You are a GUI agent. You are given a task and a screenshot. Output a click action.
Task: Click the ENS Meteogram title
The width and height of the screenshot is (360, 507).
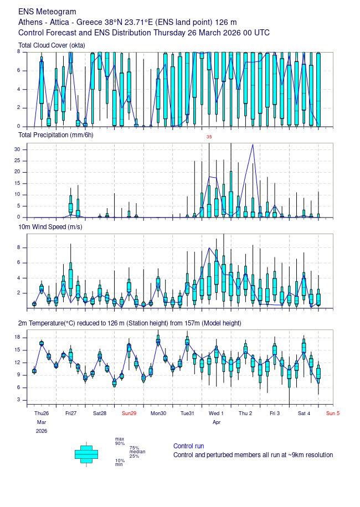47,12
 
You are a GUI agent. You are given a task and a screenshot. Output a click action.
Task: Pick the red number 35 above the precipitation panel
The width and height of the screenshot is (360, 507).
209,137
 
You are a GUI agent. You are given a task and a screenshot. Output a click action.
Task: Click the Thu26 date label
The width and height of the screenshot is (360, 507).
42,413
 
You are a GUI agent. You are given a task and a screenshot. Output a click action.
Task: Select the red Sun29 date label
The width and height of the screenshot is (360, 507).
129,413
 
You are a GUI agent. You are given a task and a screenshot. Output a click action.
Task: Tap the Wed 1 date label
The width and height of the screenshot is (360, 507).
216,413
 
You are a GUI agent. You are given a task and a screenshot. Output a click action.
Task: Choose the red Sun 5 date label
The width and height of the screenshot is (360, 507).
332,413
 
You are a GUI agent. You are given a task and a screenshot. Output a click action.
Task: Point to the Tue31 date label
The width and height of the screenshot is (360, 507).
187,413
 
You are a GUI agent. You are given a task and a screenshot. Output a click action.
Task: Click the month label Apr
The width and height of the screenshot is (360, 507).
217,422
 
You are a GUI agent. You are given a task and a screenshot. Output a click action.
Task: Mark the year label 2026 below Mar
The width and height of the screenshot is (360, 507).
42,431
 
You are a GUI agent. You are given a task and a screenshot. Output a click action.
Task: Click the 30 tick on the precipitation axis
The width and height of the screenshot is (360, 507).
17,149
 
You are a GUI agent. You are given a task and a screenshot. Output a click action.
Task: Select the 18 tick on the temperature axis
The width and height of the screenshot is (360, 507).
17,337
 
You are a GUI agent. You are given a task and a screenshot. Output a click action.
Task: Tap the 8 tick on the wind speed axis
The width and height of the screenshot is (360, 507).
19,247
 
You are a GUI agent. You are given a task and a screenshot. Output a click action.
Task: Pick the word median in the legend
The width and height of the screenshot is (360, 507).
137,452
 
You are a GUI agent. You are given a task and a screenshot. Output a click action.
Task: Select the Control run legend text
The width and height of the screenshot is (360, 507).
188,446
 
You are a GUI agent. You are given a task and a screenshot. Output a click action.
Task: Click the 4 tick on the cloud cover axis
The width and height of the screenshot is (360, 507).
19,89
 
